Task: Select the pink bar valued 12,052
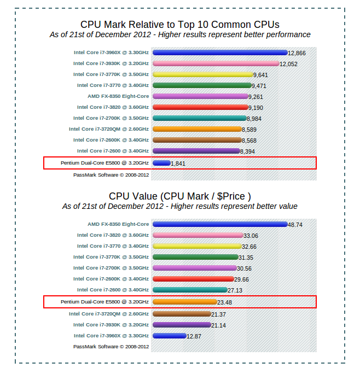[x=216, y=63]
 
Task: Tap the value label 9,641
[x=260, y=75]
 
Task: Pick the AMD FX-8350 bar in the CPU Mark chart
[x=200, y=96]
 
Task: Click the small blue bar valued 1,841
[x=161, y=163]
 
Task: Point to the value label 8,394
[x=248, y=151]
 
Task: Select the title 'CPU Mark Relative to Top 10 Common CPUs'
[x=179, y=25]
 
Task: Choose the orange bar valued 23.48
[x=185, y=301]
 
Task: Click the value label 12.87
[x=194, y=336]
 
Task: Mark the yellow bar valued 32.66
[x=198, y=246]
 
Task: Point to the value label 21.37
[x=219, y=314]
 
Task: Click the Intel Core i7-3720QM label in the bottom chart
[x=108, y=314]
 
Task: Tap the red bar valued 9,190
[x=200, y=107]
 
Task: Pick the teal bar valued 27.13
[x=190, y=290]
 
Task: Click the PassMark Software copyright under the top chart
[x=111, y=175]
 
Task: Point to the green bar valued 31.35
[x=195, y=257]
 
